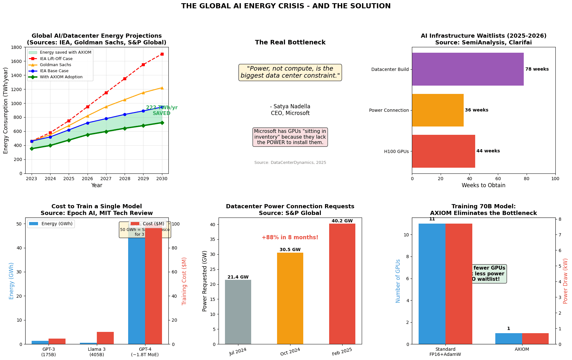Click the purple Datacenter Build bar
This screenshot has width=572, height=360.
(x=468, y=69)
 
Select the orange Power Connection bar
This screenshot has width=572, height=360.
(x=437, y=110)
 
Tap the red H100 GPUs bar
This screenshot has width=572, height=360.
(x=443, y=151)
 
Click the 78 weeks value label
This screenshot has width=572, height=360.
(x=537, y=69)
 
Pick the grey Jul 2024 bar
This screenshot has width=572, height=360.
(x=238, y=312)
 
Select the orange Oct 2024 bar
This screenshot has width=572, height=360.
(x=290, y=298)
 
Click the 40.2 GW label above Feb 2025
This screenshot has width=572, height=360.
(x=342, y=221)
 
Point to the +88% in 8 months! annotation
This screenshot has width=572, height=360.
(x=290, y=237)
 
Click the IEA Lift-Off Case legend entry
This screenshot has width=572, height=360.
(x=56, y=59)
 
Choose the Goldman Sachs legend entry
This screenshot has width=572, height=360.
(x=55, y=65)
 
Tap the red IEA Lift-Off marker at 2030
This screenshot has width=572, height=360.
(x=162, y=54)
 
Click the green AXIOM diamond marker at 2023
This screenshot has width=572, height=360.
(x=32, y=149)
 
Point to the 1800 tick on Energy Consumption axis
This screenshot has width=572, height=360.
(x=20, y=47)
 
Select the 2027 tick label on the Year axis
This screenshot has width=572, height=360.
(x=106, y=179)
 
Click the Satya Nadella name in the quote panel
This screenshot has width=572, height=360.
(x=290, y=106)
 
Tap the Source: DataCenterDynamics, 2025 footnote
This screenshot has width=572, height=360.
(x=290, y=163)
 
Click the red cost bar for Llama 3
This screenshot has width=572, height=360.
(x=105, y=338)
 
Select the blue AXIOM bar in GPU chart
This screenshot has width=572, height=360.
(x=508, y=339)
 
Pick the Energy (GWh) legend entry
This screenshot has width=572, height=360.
(x=51, y=224)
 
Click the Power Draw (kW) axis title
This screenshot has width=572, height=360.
(x=565, y=281)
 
